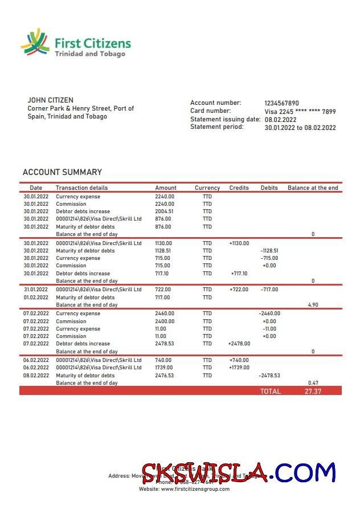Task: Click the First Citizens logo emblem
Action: click(x=35, y=43)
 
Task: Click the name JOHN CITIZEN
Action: click(x=50, y=100)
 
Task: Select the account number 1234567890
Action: click(x=281, y=103)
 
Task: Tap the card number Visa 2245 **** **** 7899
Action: click(x=300, y=112)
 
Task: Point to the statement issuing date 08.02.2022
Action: click(x=280, y=120)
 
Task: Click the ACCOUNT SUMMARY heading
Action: click(x=62, y=172)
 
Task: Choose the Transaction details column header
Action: click(x=81, y=188)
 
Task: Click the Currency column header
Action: click(x=207, y=188)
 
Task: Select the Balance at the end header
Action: click(x=313, y=188)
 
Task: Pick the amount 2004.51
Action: click(x=164, y=211)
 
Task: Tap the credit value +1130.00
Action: click(x=239, y=243)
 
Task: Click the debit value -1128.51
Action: click(x=269, y=251)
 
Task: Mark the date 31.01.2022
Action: click(x=36, y=290)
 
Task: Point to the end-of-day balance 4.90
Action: click(x=313, y=305)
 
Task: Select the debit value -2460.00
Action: click(x=269, y=313)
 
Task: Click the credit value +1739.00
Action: click(x=239, y=368)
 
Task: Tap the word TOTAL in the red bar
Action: click(x=271, y=392)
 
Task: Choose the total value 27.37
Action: click(x=313, y=392)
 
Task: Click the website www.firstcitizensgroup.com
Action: click(x=195, y=489)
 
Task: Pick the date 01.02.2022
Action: click(x=36, y=298)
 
